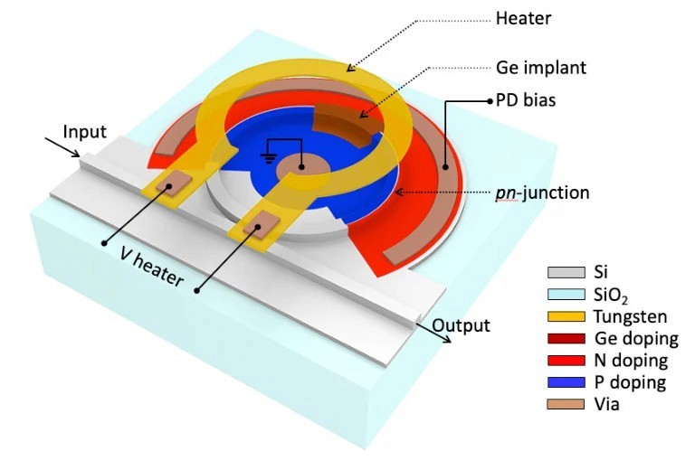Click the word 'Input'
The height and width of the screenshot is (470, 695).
point(84,132)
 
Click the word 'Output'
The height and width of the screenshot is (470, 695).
point(461,326)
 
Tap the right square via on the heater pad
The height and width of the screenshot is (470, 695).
point(264,221)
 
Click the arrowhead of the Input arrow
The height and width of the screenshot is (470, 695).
point(79,155)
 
